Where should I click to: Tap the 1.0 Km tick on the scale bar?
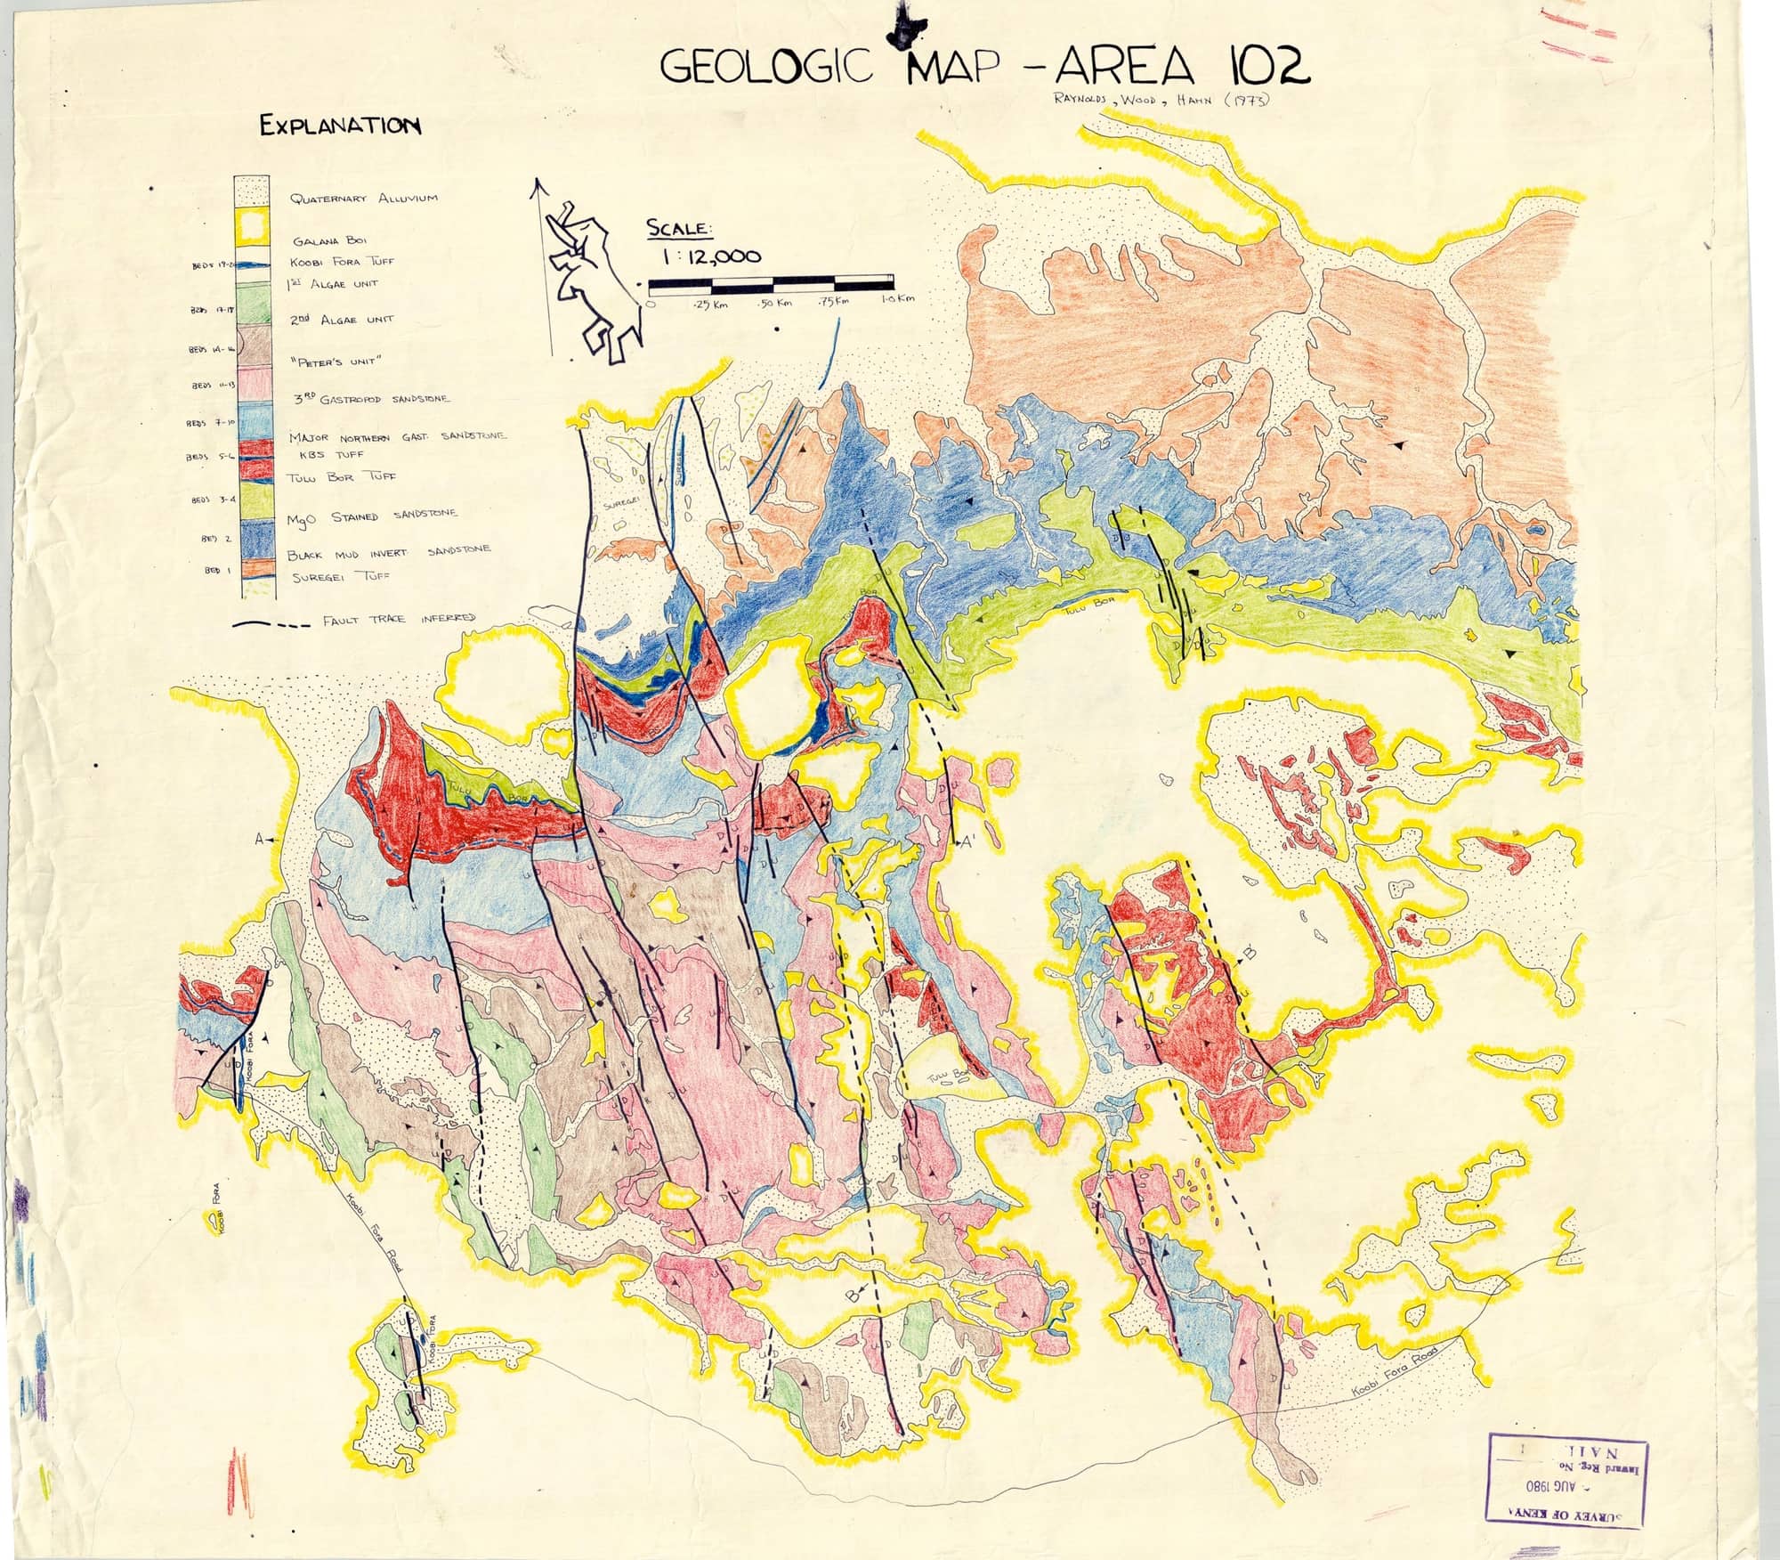tap(897, 301)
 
